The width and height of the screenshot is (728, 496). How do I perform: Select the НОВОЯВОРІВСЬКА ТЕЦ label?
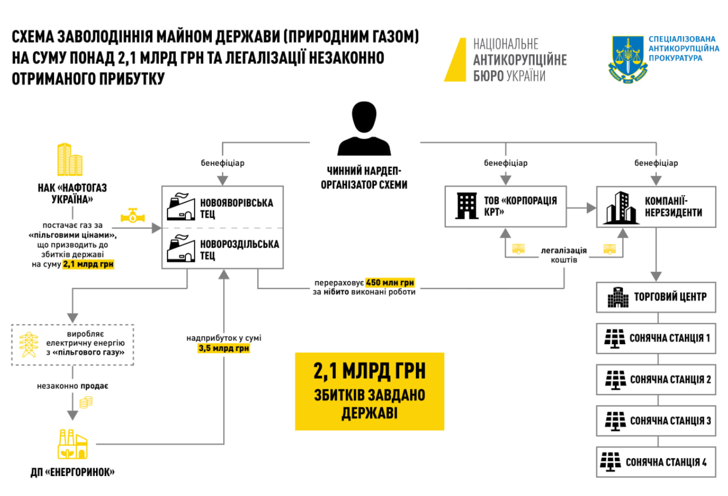tap(236, 208)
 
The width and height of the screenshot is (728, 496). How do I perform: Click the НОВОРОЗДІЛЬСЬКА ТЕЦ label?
tap(239, 249)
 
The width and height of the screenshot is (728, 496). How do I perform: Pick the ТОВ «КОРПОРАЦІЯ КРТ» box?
tap(505, 206)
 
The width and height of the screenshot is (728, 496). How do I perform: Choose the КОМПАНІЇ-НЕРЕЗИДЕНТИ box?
tap(656, 206)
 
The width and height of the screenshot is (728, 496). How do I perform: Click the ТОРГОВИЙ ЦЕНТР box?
tap(656, 297)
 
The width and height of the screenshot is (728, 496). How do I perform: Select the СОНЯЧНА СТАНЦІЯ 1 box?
tap(656, 338)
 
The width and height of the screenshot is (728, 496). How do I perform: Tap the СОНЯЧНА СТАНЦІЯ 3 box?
tap(656, 421)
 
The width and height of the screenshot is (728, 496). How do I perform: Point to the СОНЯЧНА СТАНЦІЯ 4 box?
tap(656, 462)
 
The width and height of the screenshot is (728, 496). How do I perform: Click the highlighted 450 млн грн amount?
tap(390, 282)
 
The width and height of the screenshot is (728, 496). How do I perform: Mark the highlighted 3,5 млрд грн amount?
tap(224, 348)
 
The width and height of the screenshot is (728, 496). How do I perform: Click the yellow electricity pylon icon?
tap(29, 345)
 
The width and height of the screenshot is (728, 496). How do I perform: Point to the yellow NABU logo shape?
tap(456, 60)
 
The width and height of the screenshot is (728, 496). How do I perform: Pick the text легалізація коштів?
tap(564, 255)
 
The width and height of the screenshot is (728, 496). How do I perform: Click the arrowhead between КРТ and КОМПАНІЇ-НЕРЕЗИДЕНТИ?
tap(591, 207)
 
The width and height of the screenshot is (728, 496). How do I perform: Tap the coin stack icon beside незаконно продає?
tap(86, 402)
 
